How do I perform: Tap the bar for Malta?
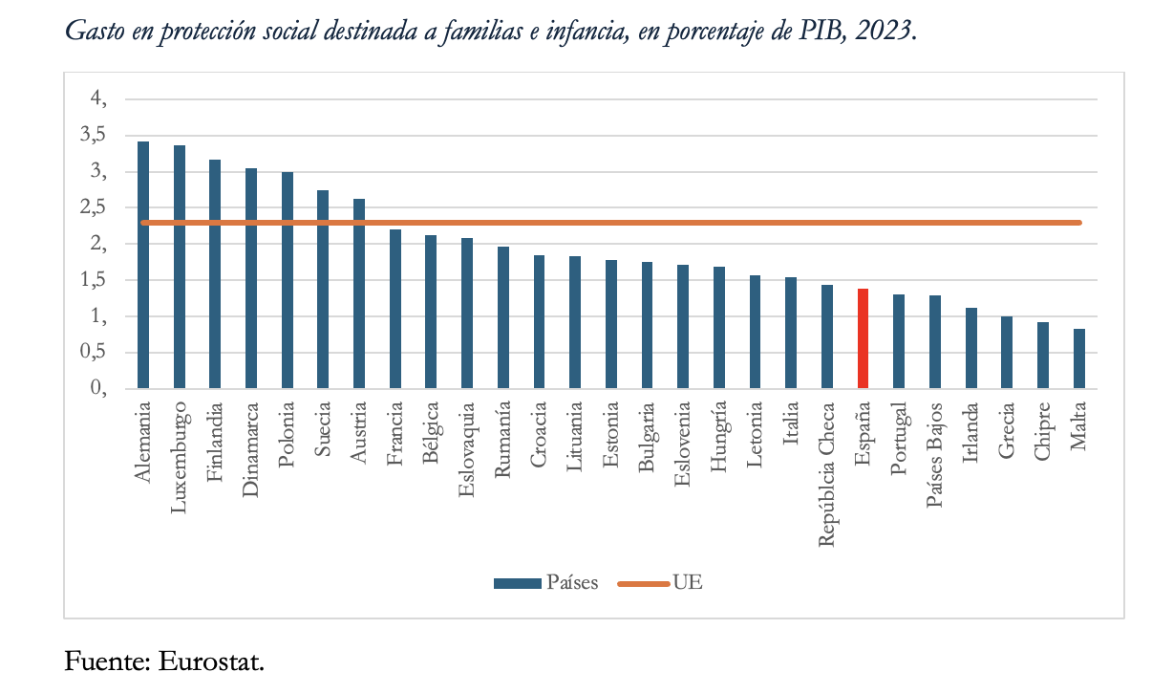[x=1078, y=359]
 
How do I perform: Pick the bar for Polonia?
[x=287, y=281]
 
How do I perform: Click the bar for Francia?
[x=395, y=310]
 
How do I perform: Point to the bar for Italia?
[x=791, y=334]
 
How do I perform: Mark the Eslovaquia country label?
[x=467, y=450]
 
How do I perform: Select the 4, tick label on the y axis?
[x=98, y=99]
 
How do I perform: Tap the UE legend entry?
[x=687, y=583]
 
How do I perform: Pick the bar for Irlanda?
[x=970, y=349]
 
